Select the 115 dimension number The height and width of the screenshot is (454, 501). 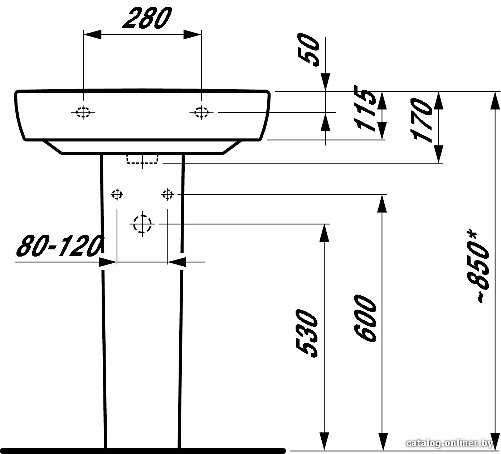(364, 107)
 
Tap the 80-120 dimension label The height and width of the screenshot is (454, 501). (59, 246)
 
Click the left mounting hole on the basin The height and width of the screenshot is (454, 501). (83, 113)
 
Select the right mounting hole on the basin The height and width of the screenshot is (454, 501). (201, 113)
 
